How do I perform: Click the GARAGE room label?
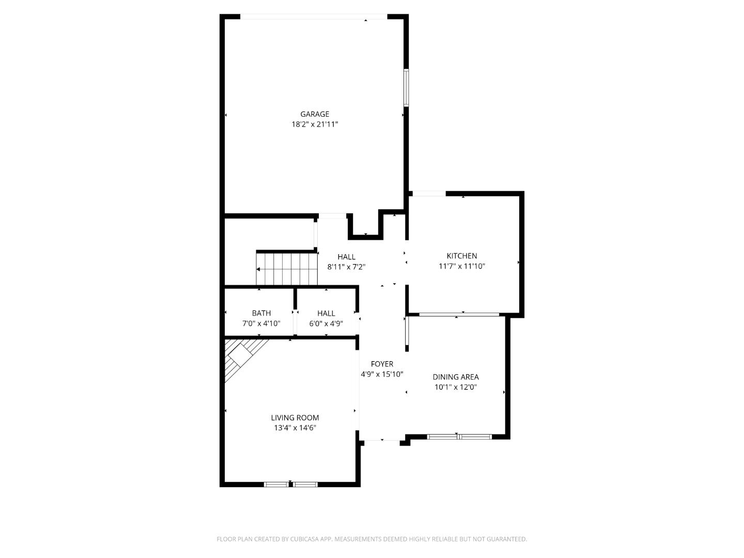[x=315, y=114]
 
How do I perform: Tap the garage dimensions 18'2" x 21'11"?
[x=315, y=124]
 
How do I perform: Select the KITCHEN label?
[x=462, y=256]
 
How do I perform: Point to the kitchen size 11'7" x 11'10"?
[x=462, y=266]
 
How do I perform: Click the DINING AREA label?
[x=456, y=377]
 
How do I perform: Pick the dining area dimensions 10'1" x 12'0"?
[x=456, y=387]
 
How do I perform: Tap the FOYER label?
[x=382, y=364]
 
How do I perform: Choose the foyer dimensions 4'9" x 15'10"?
[x=382, y=374]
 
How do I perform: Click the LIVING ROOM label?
[x=295, y=417]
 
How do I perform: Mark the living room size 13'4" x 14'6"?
[x=295, y=428]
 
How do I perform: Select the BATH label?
[x=261, y=313]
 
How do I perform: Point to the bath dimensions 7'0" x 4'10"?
[x=261, y=323]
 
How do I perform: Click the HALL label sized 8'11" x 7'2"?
[x=346, y=257]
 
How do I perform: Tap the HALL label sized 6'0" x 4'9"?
[x=326, y=313]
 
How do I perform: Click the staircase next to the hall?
[x=286, y=269]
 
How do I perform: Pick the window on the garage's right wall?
[x=406, y=88]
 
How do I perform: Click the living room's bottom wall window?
[x=291, y=484]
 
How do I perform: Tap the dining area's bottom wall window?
[x=459, y=437]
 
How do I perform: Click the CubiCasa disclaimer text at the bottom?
[x=371, y=539]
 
